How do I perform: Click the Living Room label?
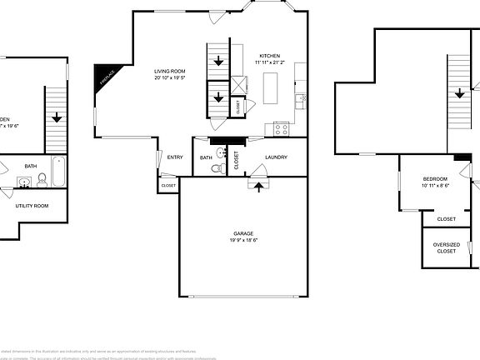pos(168,71)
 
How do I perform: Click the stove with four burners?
pos(280,128)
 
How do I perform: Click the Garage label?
pos(243,232)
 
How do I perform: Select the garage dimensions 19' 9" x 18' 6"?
pos(243,240)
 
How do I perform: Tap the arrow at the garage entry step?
pos(258,187)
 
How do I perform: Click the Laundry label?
pos(276,157)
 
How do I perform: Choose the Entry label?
pos(175,157)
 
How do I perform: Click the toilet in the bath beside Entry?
pos(217,168)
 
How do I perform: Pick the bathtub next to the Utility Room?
pos(58,172)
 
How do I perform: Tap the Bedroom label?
pos(435,179)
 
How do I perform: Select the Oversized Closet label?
pos(446,247)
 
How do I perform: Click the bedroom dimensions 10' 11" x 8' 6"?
pos(435,187)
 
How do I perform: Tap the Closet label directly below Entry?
pos(168,185)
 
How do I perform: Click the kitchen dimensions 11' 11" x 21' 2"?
pos(269,62)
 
